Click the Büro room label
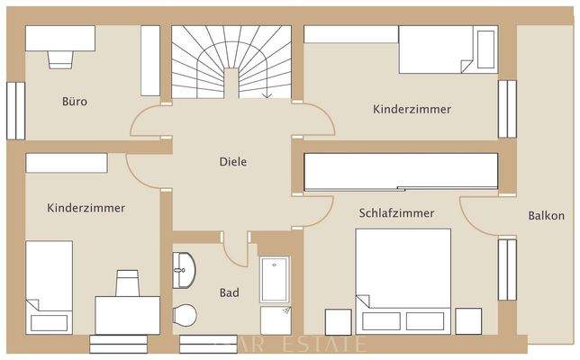pyautogui.click(x=75, y=102)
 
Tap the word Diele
pyautogui.click(x=232, y=162)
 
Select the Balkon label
pyautogui.click(x=547, y=215)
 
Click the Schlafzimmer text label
pyautogui.click(x=396, y=213)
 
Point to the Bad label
pyautogui.click(x=229, y=292)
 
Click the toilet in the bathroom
pyautogui.click(x=185, y=316)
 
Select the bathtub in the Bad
pyautogui.click(x=274, y=279)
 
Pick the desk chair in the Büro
pyautogui.click(x=60, y=58)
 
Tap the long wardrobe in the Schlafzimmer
pyautogui.click(x=401, y=172)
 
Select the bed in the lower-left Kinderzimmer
pyautogui.click(x=49, y=285)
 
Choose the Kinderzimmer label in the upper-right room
pyautogui.click(x=412, y=109)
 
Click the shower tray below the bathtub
pyautogui.click(x=274, y=319)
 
